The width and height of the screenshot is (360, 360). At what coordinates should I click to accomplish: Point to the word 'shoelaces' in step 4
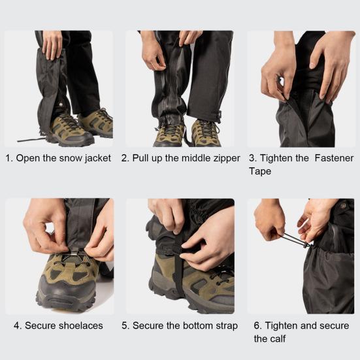coord(79,325)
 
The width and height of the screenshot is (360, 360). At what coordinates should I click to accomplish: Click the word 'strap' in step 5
coord(226,325)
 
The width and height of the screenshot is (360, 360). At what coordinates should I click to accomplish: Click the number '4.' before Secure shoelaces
coord(17,325)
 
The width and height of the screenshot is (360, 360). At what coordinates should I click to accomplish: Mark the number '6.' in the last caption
coord(258,325)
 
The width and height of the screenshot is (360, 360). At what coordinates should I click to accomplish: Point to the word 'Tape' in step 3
coord(260,171)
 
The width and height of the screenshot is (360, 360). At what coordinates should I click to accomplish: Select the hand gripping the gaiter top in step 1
coord(52,44)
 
